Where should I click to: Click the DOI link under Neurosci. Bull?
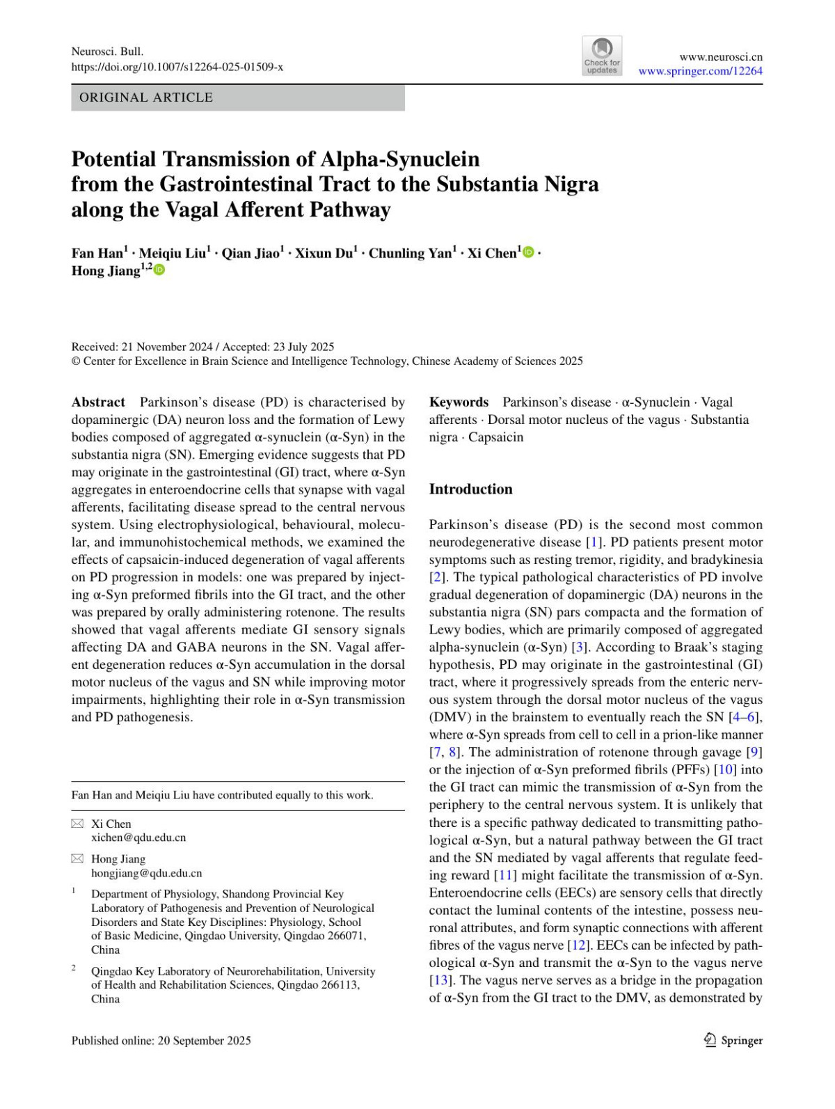[177, 67]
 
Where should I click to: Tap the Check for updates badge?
[602, 56]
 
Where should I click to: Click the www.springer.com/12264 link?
[700, 71]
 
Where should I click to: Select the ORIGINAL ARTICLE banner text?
[146, 97]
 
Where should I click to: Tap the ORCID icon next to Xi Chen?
[529, 252]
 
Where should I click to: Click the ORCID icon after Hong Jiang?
[159, 269]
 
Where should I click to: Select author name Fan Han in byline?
[97, 253]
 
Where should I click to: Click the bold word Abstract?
[98, 402]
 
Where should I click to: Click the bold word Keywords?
[459, 402]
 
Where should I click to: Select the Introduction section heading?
[470, 489]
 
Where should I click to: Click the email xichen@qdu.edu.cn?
[138, 837]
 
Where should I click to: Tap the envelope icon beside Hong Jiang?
[77, 858]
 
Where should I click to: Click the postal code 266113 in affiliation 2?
[340, 984]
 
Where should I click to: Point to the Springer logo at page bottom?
[733, 1040]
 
